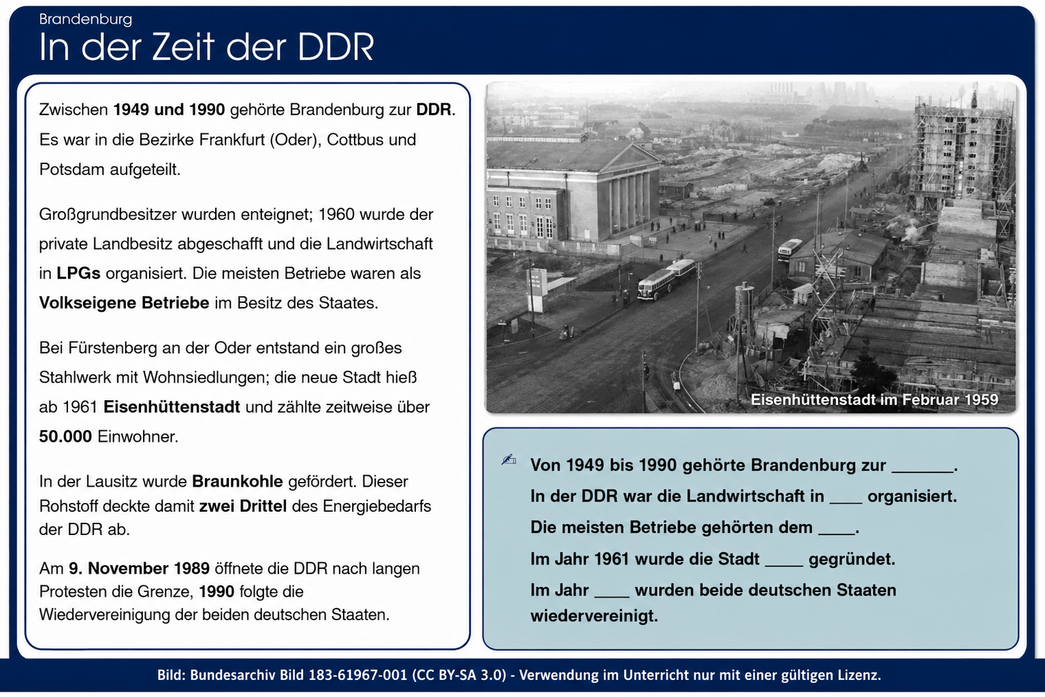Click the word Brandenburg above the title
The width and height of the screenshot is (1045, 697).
85,20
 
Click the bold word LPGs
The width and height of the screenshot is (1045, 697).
78,274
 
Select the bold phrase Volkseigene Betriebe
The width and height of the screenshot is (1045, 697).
124,304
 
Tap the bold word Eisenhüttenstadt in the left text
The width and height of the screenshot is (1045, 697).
172,407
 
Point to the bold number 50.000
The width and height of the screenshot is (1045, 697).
65,437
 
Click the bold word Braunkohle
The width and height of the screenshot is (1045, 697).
238,481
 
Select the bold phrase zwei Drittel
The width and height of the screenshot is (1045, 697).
243,506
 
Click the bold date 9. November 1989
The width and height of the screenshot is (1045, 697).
139,569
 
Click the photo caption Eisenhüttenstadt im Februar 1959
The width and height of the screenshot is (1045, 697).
874,400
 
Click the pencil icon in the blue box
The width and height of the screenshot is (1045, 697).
509,459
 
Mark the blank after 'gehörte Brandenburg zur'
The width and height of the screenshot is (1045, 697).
922,471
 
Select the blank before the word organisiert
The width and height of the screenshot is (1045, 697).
846,502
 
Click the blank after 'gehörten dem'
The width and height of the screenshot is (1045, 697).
837,533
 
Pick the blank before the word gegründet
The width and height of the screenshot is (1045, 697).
784,565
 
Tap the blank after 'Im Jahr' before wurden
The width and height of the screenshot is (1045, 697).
611,596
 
